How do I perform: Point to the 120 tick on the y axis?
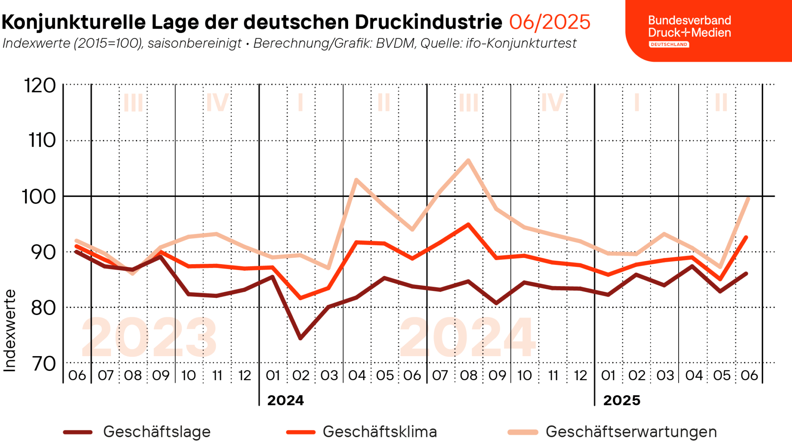point(40,85)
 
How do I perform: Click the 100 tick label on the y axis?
point(39,197)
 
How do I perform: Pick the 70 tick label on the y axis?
point(43,363)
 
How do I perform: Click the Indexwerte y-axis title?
point(10,331)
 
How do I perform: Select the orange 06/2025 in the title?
point(550,22)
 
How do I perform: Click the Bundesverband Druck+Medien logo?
point(690,31)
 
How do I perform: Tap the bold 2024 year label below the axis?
point(285,400)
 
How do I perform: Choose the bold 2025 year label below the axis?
point(621,400)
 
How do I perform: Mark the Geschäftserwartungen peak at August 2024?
point(468,160)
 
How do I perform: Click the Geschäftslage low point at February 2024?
point(300,338)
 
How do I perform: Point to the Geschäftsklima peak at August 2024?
point(468,224)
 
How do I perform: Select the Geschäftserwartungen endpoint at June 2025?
point(748,199)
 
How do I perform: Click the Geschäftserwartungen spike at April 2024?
point(356,180)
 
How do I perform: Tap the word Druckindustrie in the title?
point(428,22)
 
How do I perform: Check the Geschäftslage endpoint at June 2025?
point(746,274)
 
